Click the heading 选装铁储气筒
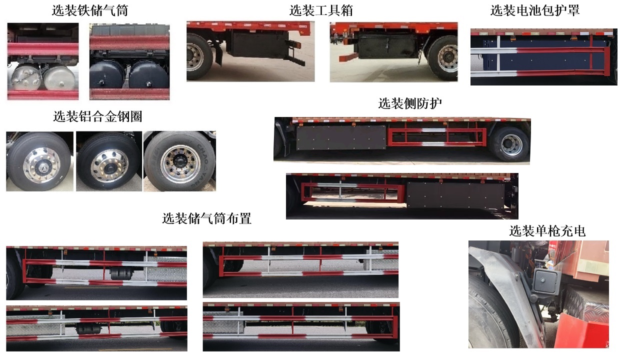tap(90, 10)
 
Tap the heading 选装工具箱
tap(321, 10)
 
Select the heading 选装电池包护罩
tap(535, 10)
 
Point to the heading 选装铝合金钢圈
tap(97, 116)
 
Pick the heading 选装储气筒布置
tap(206, 218)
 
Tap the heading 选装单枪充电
tap(547, 231)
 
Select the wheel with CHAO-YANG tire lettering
tap(179, 161)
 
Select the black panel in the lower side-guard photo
tap(455, 196)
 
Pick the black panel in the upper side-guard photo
tap(341, 138)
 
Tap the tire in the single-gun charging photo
tap(492, 315)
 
